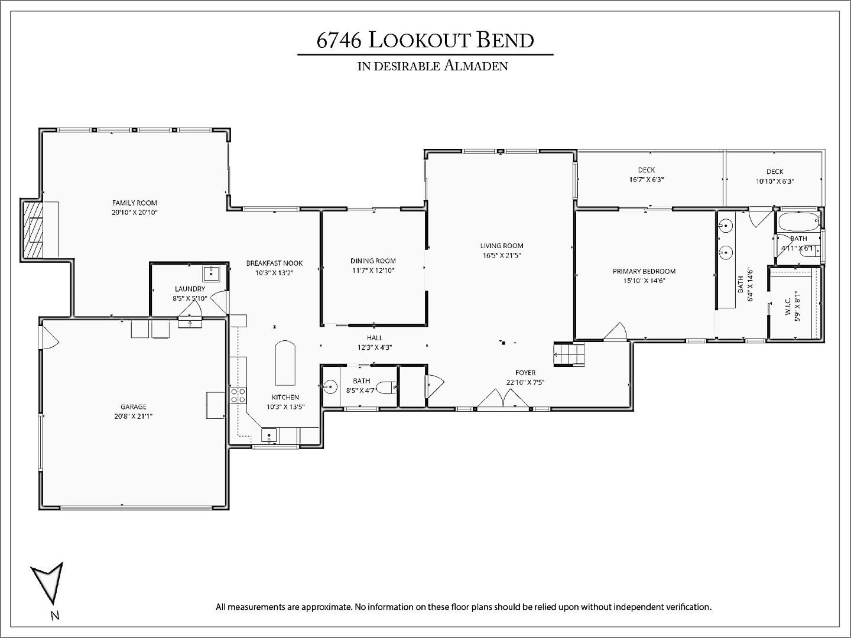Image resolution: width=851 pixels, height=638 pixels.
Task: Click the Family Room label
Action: (135, 203)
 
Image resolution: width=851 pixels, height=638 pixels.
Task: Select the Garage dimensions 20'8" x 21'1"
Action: (133, 416)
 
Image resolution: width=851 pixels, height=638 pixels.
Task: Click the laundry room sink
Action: (210, 273)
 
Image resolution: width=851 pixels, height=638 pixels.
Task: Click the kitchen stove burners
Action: (238, 395)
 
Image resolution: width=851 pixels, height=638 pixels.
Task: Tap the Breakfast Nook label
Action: (274, 263)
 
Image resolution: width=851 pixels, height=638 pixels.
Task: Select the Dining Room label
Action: (373, 261)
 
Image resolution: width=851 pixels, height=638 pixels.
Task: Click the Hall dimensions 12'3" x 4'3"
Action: (375, 347)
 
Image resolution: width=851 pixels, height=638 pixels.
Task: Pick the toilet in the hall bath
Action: (387, 388)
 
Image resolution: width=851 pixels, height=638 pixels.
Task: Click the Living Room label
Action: (502, 246)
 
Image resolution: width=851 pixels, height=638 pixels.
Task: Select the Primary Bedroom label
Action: (644, 271)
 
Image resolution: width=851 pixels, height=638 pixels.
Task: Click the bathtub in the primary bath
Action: (798, 222)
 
